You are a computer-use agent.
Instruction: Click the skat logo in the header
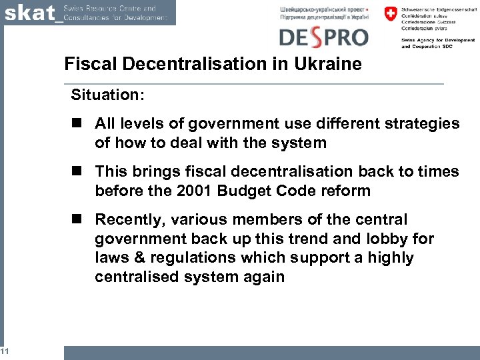31,13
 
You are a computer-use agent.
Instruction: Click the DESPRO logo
323,36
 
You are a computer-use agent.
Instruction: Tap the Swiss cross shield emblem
390,13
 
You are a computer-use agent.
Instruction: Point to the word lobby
395,239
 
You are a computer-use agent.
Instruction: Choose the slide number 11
4,351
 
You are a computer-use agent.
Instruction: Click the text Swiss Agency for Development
437,40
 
